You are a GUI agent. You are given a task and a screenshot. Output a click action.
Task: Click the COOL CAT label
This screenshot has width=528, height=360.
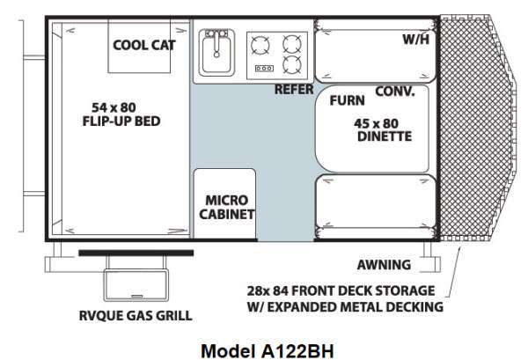[x=144, y=45]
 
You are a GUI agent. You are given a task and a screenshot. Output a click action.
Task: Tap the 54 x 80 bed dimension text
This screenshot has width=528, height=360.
[x=114, y=107]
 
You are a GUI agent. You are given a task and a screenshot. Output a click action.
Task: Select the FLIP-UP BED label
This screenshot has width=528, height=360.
[x=121, y=121]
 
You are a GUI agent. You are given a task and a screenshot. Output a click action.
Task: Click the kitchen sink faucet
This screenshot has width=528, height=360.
[x=216, y=43]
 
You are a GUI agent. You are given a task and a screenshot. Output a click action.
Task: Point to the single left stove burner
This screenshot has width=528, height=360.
[x=260, y=45]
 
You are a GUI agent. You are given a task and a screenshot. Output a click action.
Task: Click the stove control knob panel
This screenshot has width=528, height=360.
[x=264, y=69]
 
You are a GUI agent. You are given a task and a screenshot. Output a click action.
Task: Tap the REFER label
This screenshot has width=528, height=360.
[x=294, y=90]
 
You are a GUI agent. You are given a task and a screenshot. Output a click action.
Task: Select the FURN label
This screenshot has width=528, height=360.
[x=348, y=100]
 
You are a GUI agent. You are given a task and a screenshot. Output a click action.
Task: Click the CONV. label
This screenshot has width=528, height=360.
[x=395, y=92]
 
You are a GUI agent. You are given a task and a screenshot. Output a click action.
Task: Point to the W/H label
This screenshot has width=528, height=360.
[x=416, y=40]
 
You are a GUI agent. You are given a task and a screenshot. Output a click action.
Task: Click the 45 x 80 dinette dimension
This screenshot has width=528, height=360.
[x=376, y=123]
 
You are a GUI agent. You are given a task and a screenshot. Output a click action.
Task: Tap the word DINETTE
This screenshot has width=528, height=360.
[x=385, y=136]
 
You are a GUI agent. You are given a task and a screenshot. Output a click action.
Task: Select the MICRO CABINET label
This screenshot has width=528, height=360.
[x=227, y=207]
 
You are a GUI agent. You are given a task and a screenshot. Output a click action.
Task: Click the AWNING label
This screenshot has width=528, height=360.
[x=384, y=265]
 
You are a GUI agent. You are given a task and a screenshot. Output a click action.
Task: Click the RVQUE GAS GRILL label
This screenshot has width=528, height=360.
[x=136, y=315]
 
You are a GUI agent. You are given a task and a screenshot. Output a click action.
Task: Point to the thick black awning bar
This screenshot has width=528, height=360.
[x=136, y=253]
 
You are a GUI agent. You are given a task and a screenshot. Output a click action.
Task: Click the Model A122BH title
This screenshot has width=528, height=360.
[x=268, y=351]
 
